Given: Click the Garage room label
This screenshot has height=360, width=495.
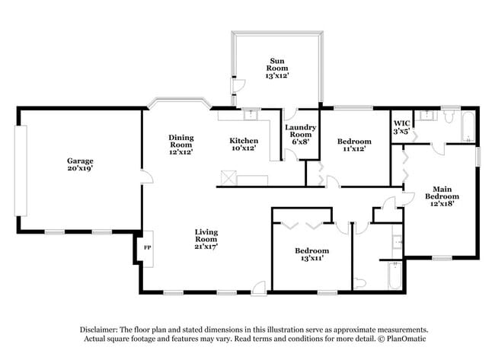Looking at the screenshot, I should click(x=79, y=161).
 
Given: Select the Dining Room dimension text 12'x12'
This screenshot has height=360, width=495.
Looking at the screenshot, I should click(x=180, y=152).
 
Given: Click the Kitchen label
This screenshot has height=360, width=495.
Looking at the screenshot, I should click(x=244, y=141).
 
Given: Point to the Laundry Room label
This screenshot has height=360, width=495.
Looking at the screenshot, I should click(x=298, y=132).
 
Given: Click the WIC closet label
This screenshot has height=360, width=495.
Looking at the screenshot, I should click(x=401, y=123).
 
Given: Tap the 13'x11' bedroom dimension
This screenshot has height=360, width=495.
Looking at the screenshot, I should click(x=312, y=260).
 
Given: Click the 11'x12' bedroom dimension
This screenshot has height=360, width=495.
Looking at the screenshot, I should click(x=354, y=149).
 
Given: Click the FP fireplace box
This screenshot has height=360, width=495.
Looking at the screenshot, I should click(x=147, y=248).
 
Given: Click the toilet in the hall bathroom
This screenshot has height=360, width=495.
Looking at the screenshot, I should click(x=361, y=282).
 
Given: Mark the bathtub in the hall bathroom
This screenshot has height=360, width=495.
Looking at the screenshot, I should click(x=394, y=276).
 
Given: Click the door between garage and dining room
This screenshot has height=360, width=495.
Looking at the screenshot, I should click(x=147, y=179).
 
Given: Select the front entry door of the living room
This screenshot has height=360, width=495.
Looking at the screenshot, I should click(x=259, y=288).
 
